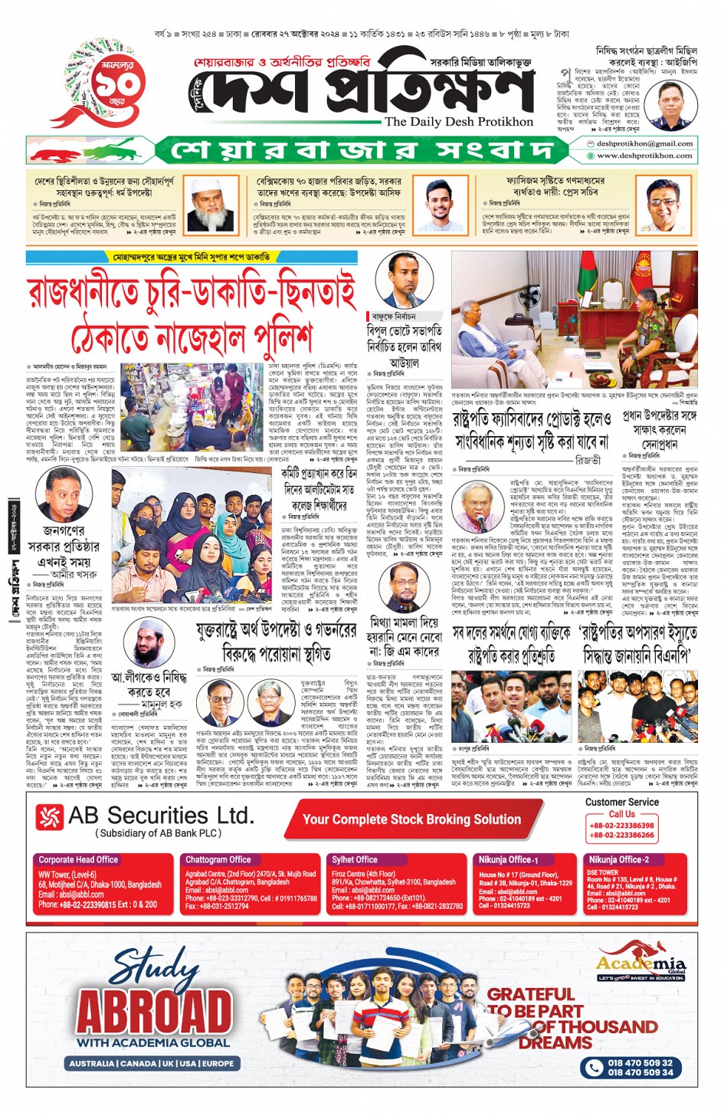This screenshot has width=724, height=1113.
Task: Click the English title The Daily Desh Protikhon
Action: point(458,122)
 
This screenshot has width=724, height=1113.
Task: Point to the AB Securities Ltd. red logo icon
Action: point(50,817)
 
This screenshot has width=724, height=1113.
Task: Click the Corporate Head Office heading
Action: point(78,860)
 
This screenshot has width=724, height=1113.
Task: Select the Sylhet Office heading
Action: point(355,860)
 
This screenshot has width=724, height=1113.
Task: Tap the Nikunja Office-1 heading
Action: point(509,860)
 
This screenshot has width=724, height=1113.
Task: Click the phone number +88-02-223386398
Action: point(621,826)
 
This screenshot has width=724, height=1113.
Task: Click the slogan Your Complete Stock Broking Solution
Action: point(411,819)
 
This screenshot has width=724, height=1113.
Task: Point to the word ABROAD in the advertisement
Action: point(154,1013)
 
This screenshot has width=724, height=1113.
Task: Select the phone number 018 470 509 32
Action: point(640,1063)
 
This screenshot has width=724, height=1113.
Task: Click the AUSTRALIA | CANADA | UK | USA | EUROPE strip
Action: point(152,1064)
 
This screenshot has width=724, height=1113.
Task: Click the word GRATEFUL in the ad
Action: point(530,994)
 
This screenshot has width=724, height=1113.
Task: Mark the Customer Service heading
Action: point(621,802)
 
